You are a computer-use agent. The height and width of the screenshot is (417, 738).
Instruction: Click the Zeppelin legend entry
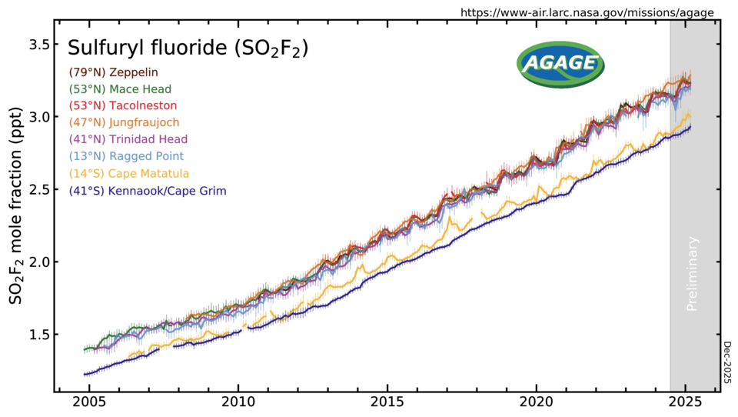click(x=114, y=72)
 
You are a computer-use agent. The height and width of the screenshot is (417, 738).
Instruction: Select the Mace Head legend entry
click(x=120, y=89)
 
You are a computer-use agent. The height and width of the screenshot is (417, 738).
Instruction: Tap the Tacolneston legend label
click(x=123, y=105)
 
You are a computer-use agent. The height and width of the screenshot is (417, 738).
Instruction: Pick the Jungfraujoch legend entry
click(x=125, y=122)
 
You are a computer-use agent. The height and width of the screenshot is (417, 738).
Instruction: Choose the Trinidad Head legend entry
click(x=128, y=139)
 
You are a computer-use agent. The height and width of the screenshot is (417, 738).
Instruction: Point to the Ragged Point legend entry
click(x=127, y=156)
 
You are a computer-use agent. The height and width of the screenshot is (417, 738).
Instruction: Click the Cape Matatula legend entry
click(x=129, y=173)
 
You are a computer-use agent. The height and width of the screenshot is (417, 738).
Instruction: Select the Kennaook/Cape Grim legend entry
click(x=148, y=191)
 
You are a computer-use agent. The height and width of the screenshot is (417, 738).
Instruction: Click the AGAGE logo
click(x=560, y=64)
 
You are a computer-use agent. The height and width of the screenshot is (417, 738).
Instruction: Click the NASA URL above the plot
click(x=587, y=13)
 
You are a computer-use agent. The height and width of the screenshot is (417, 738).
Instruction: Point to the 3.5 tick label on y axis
click(x=40, y=45)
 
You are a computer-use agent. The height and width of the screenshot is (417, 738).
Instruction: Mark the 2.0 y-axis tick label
click(x=40, y=262)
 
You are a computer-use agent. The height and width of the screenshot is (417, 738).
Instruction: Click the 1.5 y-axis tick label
click(x=40, y=335)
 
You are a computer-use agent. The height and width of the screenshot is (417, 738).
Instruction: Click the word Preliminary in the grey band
click(x=693, y=274)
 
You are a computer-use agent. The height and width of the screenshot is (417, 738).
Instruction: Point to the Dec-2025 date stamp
click(x=727, y=362)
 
